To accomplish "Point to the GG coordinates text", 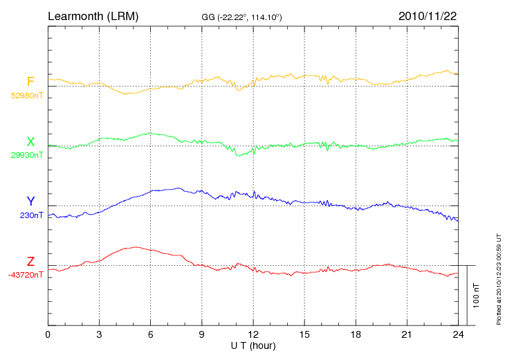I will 241,16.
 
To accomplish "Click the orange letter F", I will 30,82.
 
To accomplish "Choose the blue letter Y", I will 30,202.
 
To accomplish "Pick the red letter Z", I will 30,262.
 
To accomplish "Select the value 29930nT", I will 26,155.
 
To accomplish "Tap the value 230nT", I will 32,215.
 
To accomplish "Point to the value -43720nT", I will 26,275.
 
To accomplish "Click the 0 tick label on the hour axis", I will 48,334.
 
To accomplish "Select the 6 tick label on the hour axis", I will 150,334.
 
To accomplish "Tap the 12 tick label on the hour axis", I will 253,334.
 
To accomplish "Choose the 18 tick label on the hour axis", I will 356,334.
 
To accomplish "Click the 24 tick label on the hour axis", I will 458,334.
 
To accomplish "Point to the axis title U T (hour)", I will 253,345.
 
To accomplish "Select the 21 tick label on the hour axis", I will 407,334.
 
